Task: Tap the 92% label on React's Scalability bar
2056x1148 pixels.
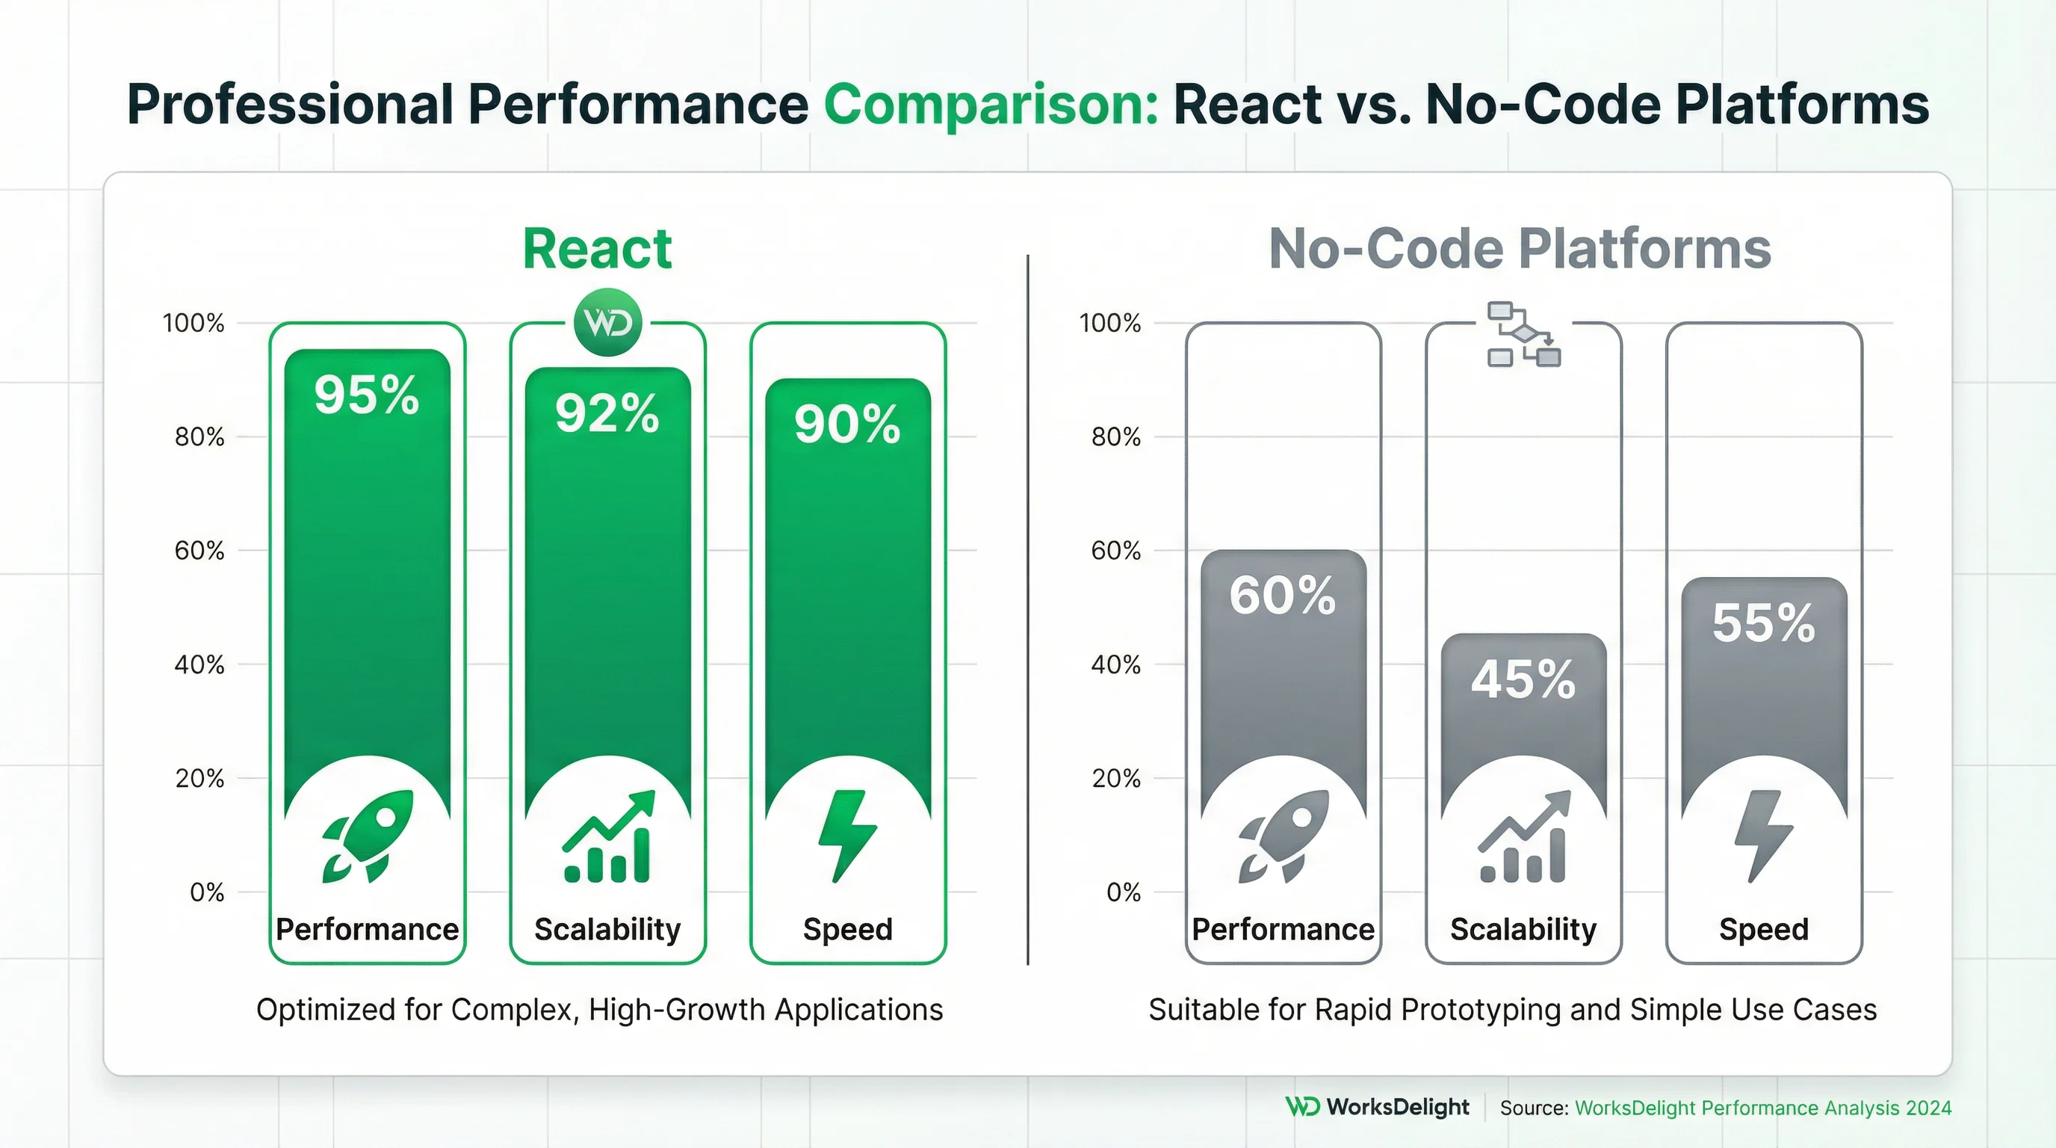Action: pyautogui.click(x=607, y=413)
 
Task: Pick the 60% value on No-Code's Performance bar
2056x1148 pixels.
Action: pyautogui.click(x=1283, y=596)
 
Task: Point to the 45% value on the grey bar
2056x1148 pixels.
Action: pyautogui.click(x=1523, y=680)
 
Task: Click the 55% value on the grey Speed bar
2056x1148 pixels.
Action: pyautogui.click(x=1764, y=623)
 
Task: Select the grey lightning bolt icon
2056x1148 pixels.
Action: pyautogui.click(x=1764, y=836)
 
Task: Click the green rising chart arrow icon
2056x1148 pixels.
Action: pyautogui.click(x=608, y=836)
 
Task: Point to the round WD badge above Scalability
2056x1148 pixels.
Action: pyautogui.click(x=607, y=323)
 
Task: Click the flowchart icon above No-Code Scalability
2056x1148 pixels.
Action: pyautogui.click(x=1523, y=335)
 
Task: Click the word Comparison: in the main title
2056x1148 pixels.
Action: pyautogui.click(x=991, y=105)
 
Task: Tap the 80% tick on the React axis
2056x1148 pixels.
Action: pyautogui.click(x=199, y=437)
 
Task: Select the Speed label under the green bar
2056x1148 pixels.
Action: pyautogui.click(x=848, y=929)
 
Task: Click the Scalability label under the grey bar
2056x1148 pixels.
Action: pyautogui.click(x=1523, y=929)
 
